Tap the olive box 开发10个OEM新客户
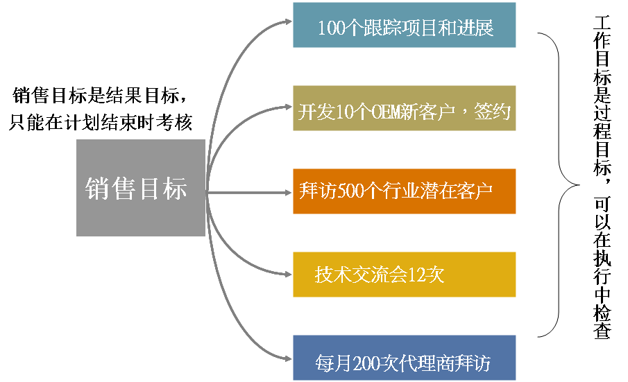[404, 109]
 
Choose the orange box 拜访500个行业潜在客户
[404, 191]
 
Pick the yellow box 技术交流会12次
[404, 275]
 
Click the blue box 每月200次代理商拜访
[404, 358]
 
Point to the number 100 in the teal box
[330, 28]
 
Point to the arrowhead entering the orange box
[286, 192]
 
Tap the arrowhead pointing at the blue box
[286, 358]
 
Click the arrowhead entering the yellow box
[286, 275]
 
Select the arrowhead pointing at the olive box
[286, 107]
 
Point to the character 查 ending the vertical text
[601, 330]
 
